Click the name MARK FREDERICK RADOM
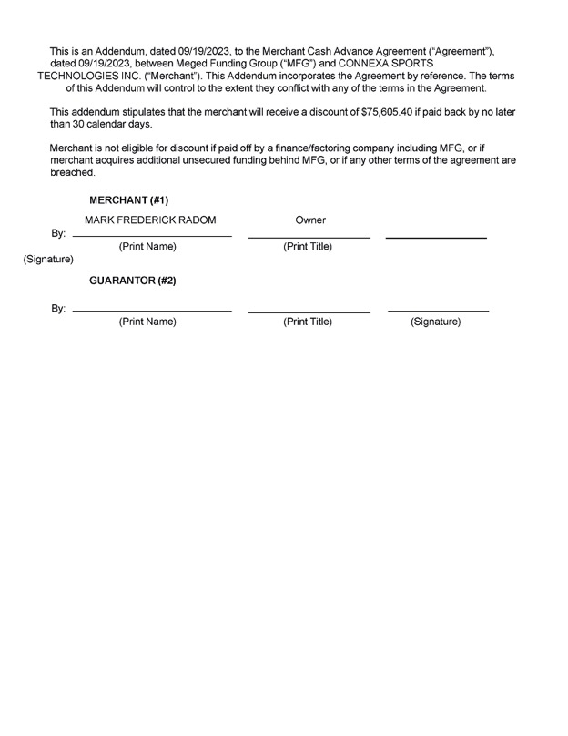150,220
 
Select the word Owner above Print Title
310,220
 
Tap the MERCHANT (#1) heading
128,199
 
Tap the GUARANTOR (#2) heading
132,281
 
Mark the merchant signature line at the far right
436,238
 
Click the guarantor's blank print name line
151,312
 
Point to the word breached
72,172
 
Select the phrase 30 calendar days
99,124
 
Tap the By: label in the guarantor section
58,309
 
